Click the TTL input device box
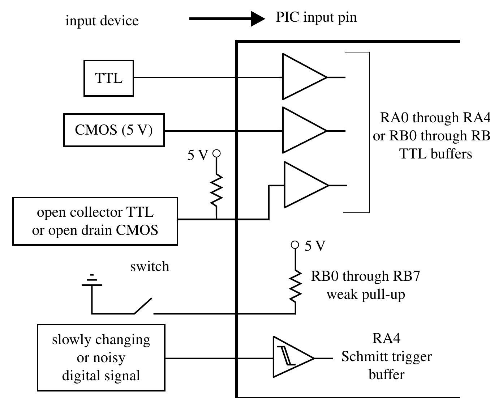[108, 78]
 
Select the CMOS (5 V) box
[114, 130]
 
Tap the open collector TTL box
[95, 221]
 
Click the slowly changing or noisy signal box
[101, 357]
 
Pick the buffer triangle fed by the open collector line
[302, 185]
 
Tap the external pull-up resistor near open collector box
[216, 189]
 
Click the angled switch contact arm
[143, 306]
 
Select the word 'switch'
[150, 266]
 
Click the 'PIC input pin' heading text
[316, 17]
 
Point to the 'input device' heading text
[102, 21]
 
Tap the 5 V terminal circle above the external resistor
[216, 153]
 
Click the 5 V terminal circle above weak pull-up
[295, 245]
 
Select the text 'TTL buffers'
[435, 154]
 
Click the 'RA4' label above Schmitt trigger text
[386, 338]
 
